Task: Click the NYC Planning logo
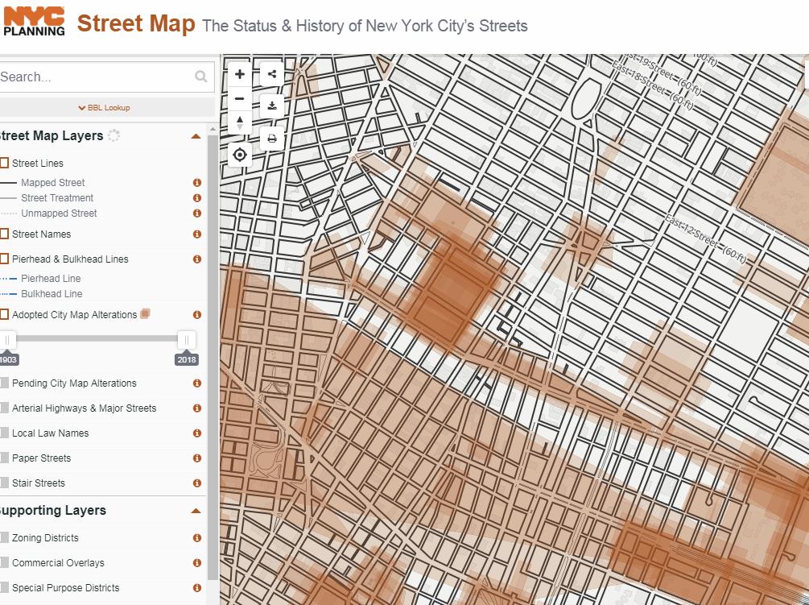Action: click(34, 21)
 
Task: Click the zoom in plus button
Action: click(240, 74)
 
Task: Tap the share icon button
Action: click(272, 74)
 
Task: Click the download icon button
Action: click(272, 106)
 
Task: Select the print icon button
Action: click(272, 139)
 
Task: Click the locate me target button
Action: click(240, 155)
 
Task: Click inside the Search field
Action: click(97, 77)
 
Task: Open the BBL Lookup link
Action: click(104, 108)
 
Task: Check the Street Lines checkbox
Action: click(4, 164)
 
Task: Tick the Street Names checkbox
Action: click(4, 234)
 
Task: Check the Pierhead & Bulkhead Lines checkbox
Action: click(4, 259)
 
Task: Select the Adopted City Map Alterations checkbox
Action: click(4, 315)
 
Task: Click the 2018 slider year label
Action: click(187, 360)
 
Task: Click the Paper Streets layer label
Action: click(41, 458)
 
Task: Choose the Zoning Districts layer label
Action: click(45, 538)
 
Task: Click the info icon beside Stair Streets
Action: click(196, 483)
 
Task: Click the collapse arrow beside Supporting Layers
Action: click(196, 511)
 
